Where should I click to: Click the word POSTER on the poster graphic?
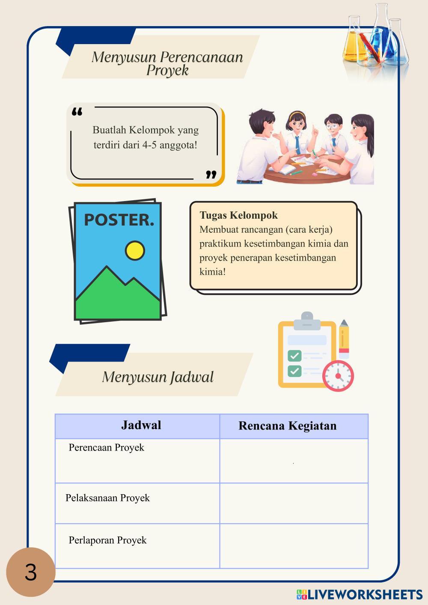point(119,220)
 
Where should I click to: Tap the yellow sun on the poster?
point(135,251)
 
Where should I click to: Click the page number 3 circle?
point(31,572)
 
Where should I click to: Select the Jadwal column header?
point(141,425)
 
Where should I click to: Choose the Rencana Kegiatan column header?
point(287,426)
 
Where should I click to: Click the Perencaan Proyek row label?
point(107,448)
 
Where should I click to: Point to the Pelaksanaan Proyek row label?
point(107,498)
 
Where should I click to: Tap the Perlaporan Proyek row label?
point(107,540)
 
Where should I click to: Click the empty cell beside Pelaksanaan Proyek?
point(294,504)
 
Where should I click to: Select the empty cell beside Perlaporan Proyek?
point(294,546)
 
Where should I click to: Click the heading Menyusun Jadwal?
point(158,377)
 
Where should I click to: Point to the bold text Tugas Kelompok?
point(238,215)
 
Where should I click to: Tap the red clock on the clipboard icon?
point(338,376)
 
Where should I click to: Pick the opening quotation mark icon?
point(77,112)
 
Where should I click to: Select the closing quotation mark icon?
point(211,174)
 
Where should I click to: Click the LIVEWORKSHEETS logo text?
point(365,594)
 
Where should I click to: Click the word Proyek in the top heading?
point(167,71)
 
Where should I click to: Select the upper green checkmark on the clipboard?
point(294,356)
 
